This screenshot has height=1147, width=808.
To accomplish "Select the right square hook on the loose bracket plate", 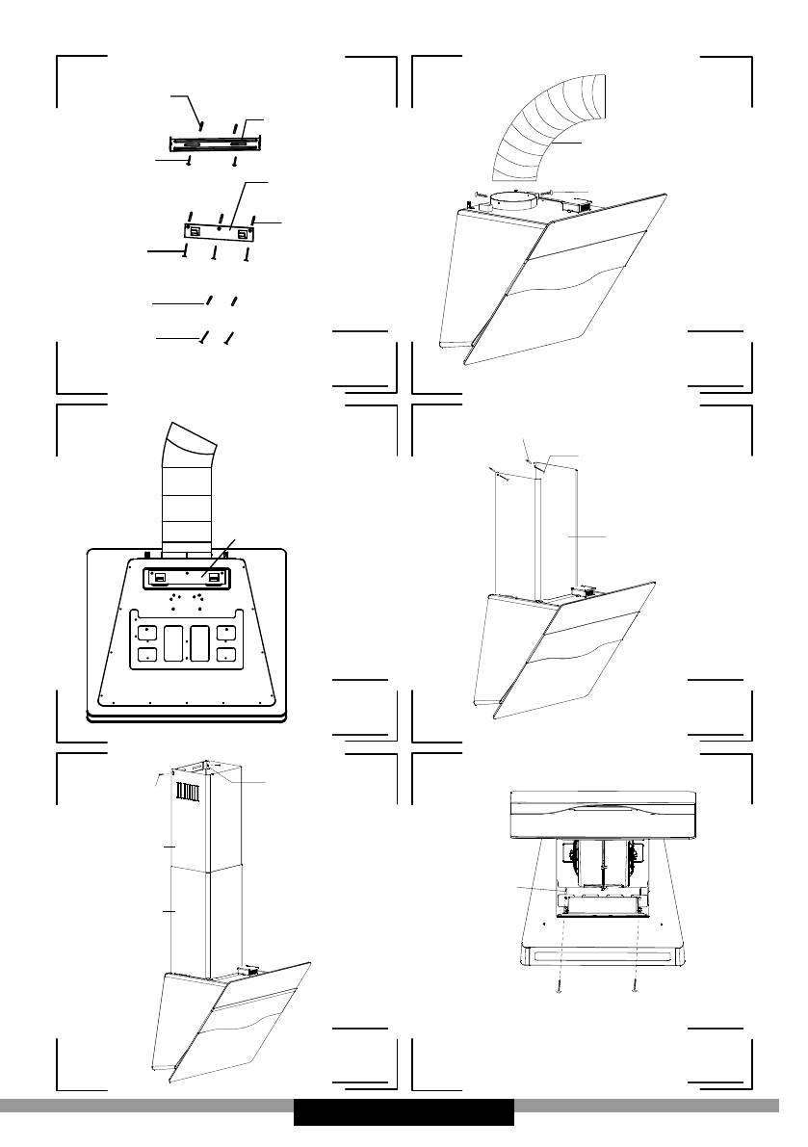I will (244, 232).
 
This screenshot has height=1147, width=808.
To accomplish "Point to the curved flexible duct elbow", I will (546, 130).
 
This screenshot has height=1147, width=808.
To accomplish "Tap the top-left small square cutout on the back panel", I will (146, 633).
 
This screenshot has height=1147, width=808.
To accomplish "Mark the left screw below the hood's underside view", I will (560, 988).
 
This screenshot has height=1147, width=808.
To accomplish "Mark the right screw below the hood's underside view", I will (636, 988).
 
